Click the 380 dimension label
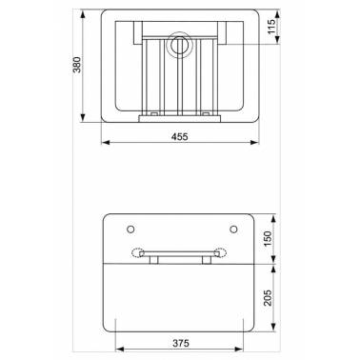point(77,65)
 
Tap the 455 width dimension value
point(180,137)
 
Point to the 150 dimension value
point(269,239)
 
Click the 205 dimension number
point(269,297)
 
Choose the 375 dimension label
point(181,343)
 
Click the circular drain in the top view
point(180,45)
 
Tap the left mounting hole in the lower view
point(130,229)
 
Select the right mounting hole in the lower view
point(233,229)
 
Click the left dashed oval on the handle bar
point(138,252)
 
